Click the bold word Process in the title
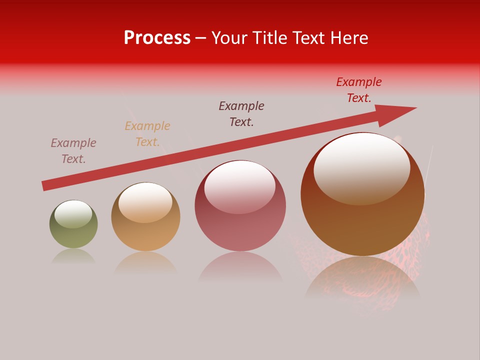[x=157, y=38]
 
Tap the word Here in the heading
[x=349, y=38]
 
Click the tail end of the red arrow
[x=46, y=185]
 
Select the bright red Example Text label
[x=359, y=90]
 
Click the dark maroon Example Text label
[x=241, y=114]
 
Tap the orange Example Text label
[x=147, y=134]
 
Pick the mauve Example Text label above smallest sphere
[x=73, y=151]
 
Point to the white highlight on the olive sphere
[x=73, y=214]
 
